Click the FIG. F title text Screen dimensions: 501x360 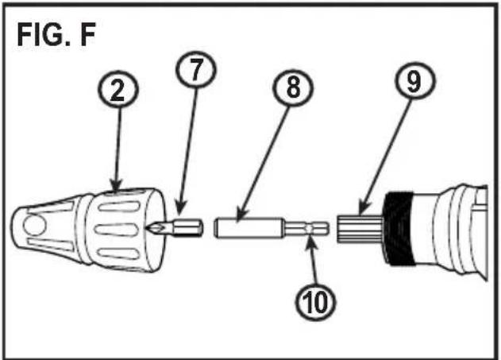[x=56, y=35]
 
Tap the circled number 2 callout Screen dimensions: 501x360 [x=118, y=91]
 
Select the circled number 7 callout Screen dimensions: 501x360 [x=196, y=70]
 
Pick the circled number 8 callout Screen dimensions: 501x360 [x=293, y=88]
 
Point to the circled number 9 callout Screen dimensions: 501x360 [x=414, y=82]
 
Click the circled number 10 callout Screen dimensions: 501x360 [x=315, y=301]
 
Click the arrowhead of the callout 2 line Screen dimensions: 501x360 [x=116, y=185]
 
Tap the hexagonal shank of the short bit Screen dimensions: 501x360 [x=187, y=227]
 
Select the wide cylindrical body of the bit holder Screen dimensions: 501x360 [x=249, y=227]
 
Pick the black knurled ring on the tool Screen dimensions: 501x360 [x=399, y=229]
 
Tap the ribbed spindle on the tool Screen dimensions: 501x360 [x=359, y=229]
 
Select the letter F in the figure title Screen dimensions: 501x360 [x=88, y=35]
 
